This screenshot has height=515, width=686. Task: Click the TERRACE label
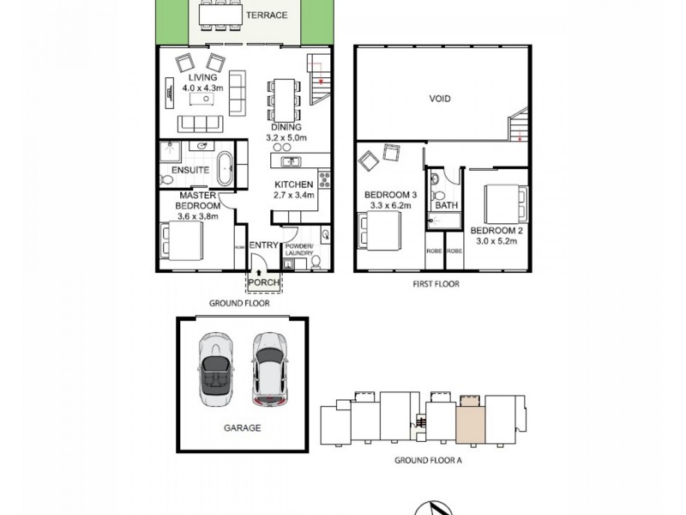pos(266,15)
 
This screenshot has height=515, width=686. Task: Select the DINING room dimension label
pos(287,132)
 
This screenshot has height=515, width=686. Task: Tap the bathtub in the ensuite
pos(225,168)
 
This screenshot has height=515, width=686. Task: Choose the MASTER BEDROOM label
pos(198,206)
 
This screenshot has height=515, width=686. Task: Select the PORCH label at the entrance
pos(263,282)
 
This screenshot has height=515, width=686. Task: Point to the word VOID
pos(440,99)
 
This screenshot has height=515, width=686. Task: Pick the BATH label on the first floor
pos(446,206)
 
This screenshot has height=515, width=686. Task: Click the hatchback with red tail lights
pos(268,369)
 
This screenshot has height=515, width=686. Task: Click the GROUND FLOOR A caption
pos(427,460)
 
